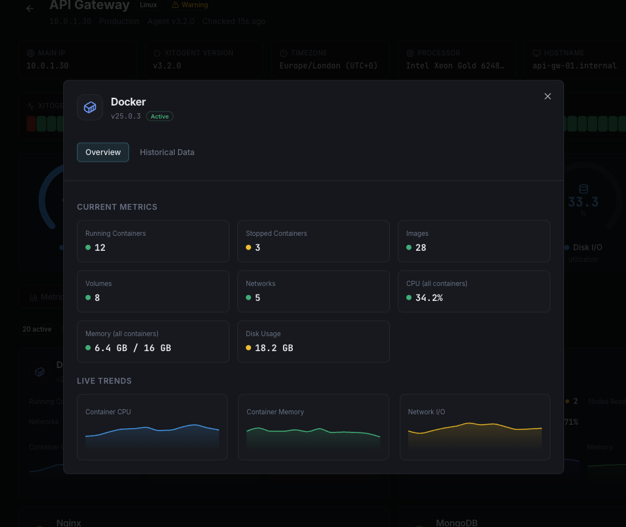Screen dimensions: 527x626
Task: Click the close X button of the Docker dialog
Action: (x=548, y=96)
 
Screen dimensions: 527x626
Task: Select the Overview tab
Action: (x=103, y=152)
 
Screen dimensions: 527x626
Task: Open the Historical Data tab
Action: (x=167, y=152)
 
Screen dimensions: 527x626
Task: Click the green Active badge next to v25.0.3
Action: (x=160, y=117)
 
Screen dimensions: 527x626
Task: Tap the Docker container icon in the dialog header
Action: (x=90, y=107)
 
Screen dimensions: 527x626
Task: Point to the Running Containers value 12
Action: (x=100, y=248)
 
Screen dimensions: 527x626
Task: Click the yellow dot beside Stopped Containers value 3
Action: (x=248, y=248)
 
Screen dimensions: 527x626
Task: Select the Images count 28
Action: (x=421, y=248)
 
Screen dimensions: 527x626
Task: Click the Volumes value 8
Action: (x=97, y=298)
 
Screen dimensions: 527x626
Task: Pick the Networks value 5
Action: (x=258, y=298)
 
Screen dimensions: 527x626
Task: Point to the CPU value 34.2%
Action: (x=429, y=298)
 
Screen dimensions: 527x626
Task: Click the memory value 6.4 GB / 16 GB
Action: (x=132, y=348)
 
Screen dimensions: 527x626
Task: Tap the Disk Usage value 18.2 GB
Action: (x=274, y=348)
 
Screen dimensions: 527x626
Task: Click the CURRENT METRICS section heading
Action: (x=117, y=207)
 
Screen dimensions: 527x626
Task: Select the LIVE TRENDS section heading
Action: (x=104, y=381)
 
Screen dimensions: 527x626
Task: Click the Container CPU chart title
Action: (x=108, y=412)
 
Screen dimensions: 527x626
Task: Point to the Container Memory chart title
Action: (x=275, y=412)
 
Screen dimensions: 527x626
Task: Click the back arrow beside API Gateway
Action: (x=29, y=8)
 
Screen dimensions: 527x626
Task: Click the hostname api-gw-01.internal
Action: (x=574, y=66)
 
